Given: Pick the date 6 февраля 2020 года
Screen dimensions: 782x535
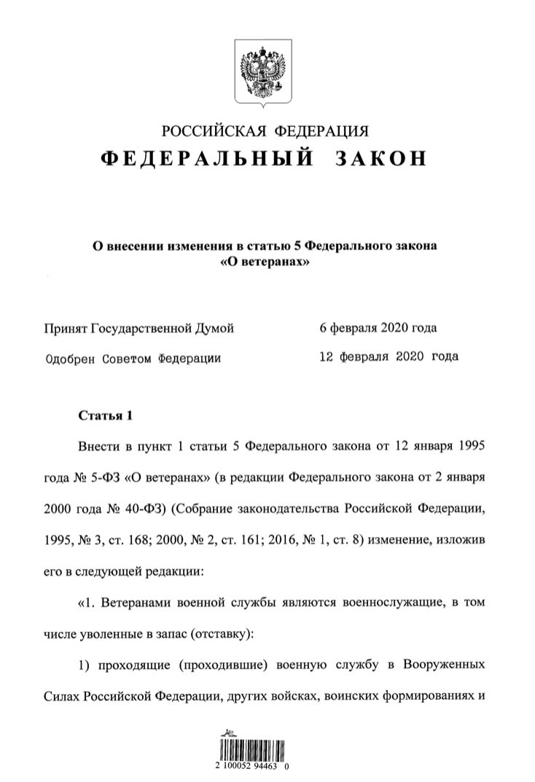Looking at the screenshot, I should pos(378,329).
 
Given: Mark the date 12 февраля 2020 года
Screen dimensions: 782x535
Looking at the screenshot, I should pos(388,358).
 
